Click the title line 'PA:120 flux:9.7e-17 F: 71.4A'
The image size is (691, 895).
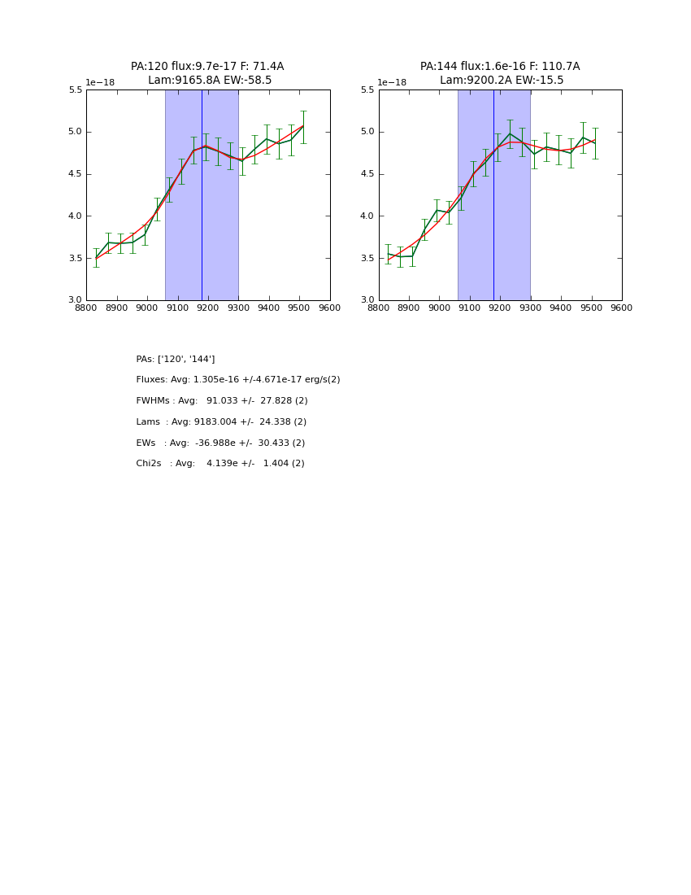coord(207,67)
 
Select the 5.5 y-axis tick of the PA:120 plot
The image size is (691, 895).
coord(75,90)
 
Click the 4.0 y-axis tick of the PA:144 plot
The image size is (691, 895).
coord(367,216)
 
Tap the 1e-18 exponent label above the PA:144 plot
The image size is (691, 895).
coord(392,82)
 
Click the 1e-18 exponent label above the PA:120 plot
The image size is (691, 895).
coord(100,82)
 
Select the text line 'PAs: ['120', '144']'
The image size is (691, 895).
coord(176,359)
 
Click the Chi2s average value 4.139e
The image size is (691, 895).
coord(222,464)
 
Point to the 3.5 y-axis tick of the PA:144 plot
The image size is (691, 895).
coord(367,259)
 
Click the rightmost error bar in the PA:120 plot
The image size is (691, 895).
coord(303,127)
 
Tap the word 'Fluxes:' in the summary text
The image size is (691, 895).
coord(152,380)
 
